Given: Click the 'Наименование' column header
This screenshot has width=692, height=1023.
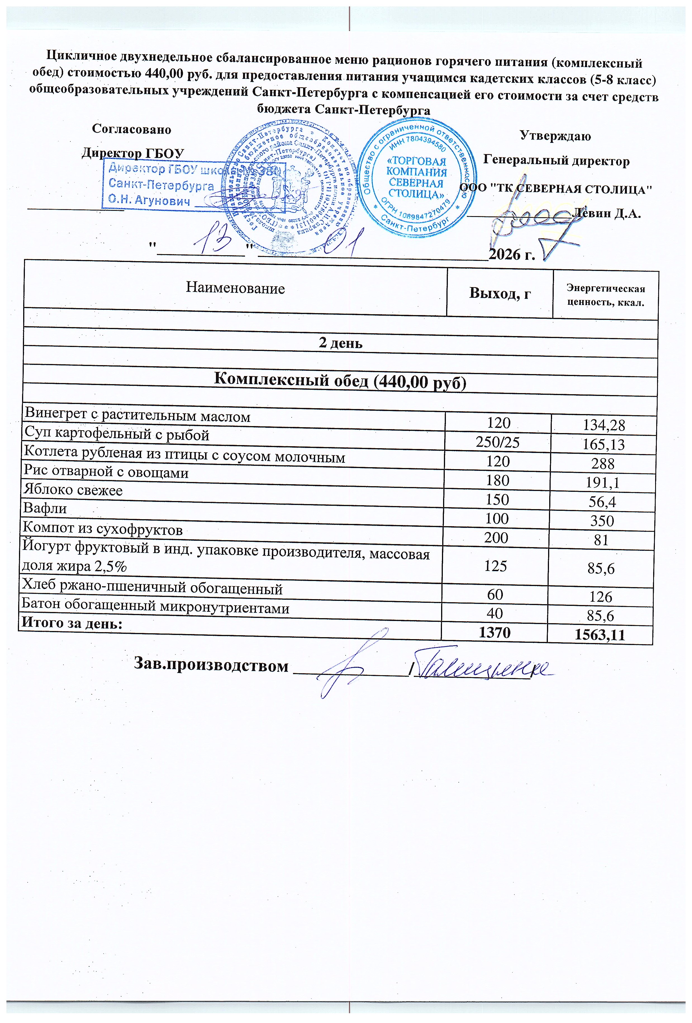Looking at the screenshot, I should [x=235, y=288].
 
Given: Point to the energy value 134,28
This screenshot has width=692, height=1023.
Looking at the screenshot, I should [x=603, y=425].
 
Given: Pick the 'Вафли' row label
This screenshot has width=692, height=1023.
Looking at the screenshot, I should [x=45, y=508].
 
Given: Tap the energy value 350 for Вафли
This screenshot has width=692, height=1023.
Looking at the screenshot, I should [x=601, y=521].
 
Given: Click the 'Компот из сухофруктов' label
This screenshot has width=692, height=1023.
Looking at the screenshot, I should [x=103, y=529].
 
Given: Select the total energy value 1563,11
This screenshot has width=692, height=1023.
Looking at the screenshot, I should [x=600, y=635].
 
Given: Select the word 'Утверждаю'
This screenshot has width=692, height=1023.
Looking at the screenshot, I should [x=555, y=136].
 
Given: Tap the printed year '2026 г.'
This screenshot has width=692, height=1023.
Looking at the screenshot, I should [x=512, y=254].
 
